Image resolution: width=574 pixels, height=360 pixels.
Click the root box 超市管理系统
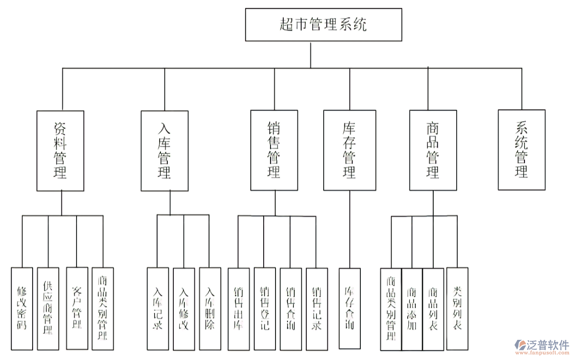(x=323, y=24)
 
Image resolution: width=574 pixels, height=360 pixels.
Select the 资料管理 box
(x=61, y=151)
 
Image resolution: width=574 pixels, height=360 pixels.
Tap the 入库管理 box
(x=165, y=151)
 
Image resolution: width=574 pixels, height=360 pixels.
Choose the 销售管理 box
(x=274, y=151)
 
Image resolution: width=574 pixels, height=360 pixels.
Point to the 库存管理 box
(x=349, y=151)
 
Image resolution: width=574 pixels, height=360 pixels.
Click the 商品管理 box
(x=433, y=151)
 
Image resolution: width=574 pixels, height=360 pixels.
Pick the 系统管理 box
(x=522, y=150)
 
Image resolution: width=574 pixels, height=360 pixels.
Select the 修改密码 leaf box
(x=22, y=309)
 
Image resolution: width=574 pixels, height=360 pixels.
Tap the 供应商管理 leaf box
(x=48, y=309)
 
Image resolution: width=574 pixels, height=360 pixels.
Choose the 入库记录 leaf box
(x=158, y=309)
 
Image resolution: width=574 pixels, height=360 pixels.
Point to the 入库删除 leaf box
(x=210, y=309)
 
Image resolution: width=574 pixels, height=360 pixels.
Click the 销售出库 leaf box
(x=238, y=309)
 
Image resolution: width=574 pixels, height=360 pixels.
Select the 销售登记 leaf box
(x=265, y=309)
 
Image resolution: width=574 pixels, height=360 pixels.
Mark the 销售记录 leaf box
(x=317, y=309)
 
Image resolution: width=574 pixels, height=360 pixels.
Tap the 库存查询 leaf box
(x=349, y=309)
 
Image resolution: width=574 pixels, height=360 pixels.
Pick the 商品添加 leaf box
(x=412, y=309)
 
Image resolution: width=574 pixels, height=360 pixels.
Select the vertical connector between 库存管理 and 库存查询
(x=349, y=229)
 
